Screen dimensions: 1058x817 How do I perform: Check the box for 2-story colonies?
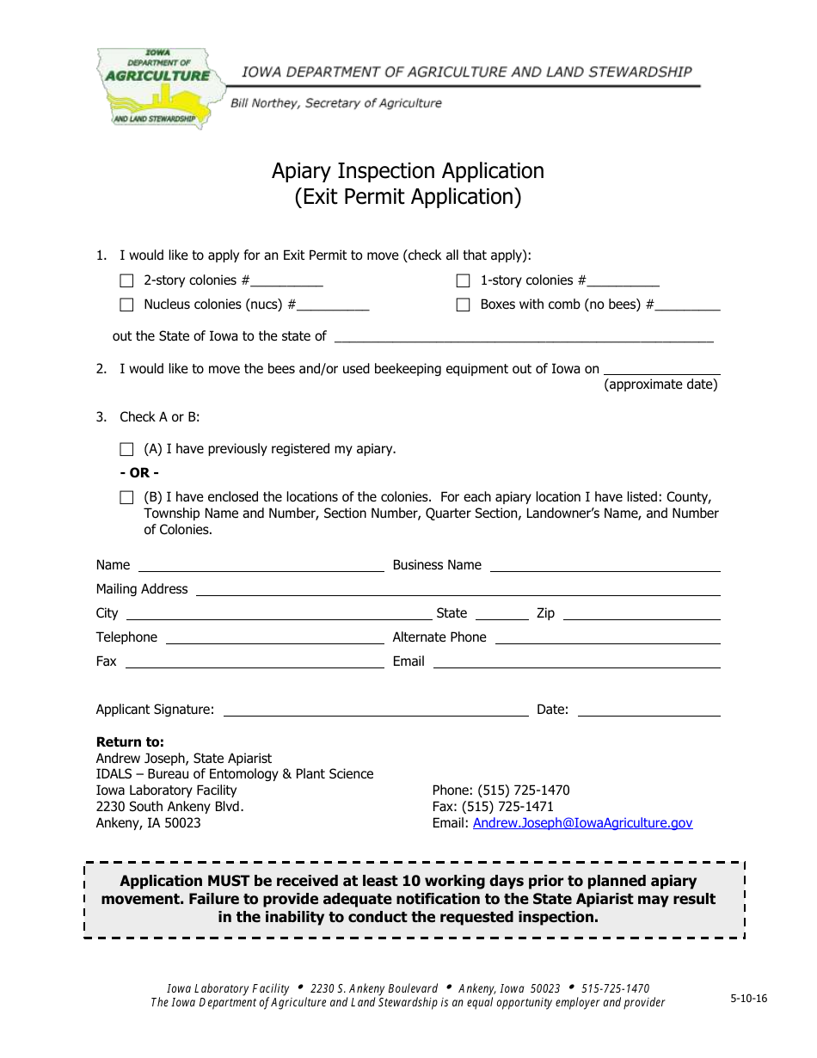(127, 280)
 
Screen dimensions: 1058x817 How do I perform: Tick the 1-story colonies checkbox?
(464, 280)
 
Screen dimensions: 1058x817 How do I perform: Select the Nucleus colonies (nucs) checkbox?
(127, 304)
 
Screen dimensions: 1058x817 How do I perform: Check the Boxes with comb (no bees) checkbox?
(464, 304)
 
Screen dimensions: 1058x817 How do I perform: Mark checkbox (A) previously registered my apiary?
(127, 449)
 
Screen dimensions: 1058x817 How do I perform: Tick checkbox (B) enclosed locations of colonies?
(127, 497)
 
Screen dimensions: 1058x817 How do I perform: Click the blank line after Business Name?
(604, 566)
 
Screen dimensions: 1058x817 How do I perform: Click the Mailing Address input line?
(457, 590)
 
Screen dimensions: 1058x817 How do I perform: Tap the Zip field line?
(640, 614)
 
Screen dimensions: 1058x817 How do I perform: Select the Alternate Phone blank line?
(607, 638)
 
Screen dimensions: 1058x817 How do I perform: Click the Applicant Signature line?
(375, 710)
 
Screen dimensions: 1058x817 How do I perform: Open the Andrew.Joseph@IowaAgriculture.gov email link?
(582, 823)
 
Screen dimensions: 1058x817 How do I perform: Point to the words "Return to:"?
(130, 741)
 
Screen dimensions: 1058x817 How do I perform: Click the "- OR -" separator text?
(139, 473)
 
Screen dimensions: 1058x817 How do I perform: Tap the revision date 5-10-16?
(748, 999)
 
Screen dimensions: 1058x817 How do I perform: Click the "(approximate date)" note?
(660, 384)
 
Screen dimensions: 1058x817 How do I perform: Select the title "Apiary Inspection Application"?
(408, 171)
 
